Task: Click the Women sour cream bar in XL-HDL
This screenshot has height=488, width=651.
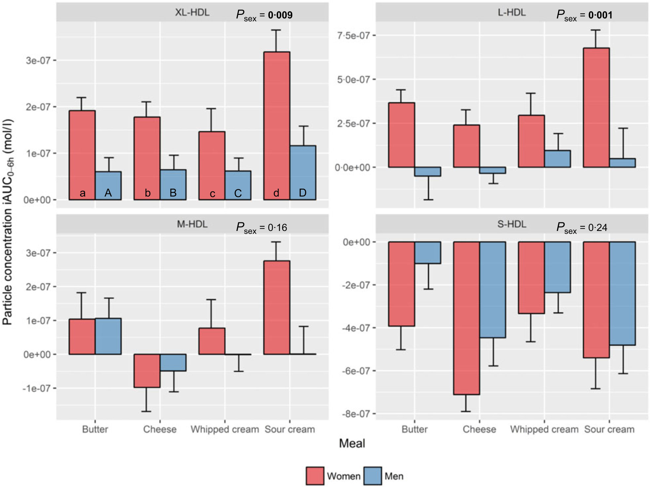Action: (x=276, y=126)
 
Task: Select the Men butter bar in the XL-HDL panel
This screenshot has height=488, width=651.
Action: (x=108, y=185)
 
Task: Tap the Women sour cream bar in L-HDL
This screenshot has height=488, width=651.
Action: (x=596, y=107)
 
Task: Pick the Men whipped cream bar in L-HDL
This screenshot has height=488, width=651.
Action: (x=557, y=159)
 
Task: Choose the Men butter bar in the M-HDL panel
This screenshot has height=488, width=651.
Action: (x=108, y=336)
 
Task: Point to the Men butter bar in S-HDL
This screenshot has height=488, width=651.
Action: (x=427, y=253)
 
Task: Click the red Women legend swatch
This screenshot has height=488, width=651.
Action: (x=314, y=476)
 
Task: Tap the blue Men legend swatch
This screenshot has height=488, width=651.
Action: (x=373, y=476)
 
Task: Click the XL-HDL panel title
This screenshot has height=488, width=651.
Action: (x=192, y=13)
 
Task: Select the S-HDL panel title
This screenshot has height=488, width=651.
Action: (x=512, y=224)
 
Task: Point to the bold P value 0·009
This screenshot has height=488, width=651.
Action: (x=280, y=15)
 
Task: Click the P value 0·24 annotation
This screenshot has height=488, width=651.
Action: (x=597, y=228)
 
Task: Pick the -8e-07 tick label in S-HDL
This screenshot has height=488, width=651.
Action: (x=355, y=414)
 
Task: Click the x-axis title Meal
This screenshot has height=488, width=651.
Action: (x=352, y=443)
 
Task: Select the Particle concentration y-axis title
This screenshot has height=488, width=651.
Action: (x=8, y=221)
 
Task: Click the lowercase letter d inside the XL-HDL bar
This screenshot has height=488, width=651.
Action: (x=276, y=193)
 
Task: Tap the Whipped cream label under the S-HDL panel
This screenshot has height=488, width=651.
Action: (x=544, y=430)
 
